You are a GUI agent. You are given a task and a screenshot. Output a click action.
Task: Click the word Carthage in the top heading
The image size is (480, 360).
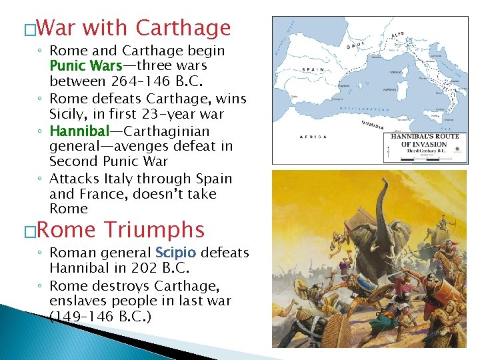(183, 29)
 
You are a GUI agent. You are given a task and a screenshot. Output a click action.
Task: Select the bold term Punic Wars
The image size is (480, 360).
(86, 66)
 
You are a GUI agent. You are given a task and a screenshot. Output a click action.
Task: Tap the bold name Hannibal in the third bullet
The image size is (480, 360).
(75, 131)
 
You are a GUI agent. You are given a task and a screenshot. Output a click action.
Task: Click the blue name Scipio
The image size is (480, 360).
(175, 253)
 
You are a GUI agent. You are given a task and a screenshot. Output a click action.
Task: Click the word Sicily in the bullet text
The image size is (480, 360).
(69, 115)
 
